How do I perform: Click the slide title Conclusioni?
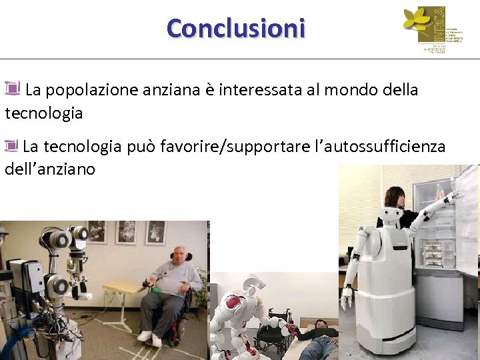coord(236,29)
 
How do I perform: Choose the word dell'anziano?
coord(50,169)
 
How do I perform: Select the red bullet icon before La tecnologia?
coord(11,144)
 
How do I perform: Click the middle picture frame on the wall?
coord(126,231)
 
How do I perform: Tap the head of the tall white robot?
coord(389,217)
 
